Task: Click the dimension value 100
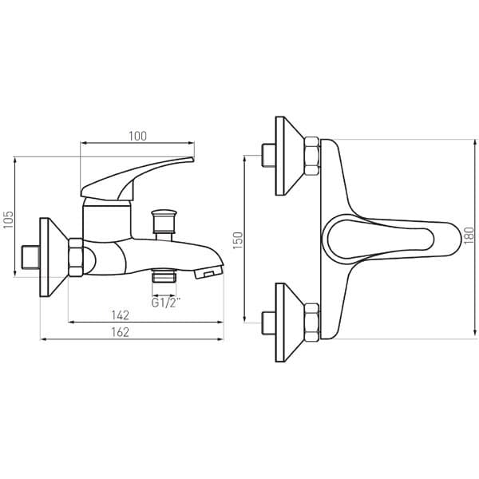tap(137, 136)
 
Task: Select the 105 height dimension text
tap(9, 220)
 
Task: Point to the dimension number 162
tap(120, 332)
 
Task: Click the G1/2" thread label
tap(164, 303)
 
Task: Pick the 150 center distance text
tap(236, 240)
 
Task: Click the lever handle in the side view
tap(136, 177)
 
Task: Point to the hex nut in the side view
tap(77, 256)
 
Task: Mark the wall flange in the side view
tap(54, 256)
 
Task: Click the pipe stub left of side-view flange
tap(30, 257)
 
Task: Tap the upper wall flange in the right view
tap(288, 156)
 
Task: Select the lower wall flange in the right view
tap(288, 322)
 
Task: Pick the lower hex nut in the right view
tap(311, 322)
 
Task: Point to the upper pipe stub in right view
tap(267, 156)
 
